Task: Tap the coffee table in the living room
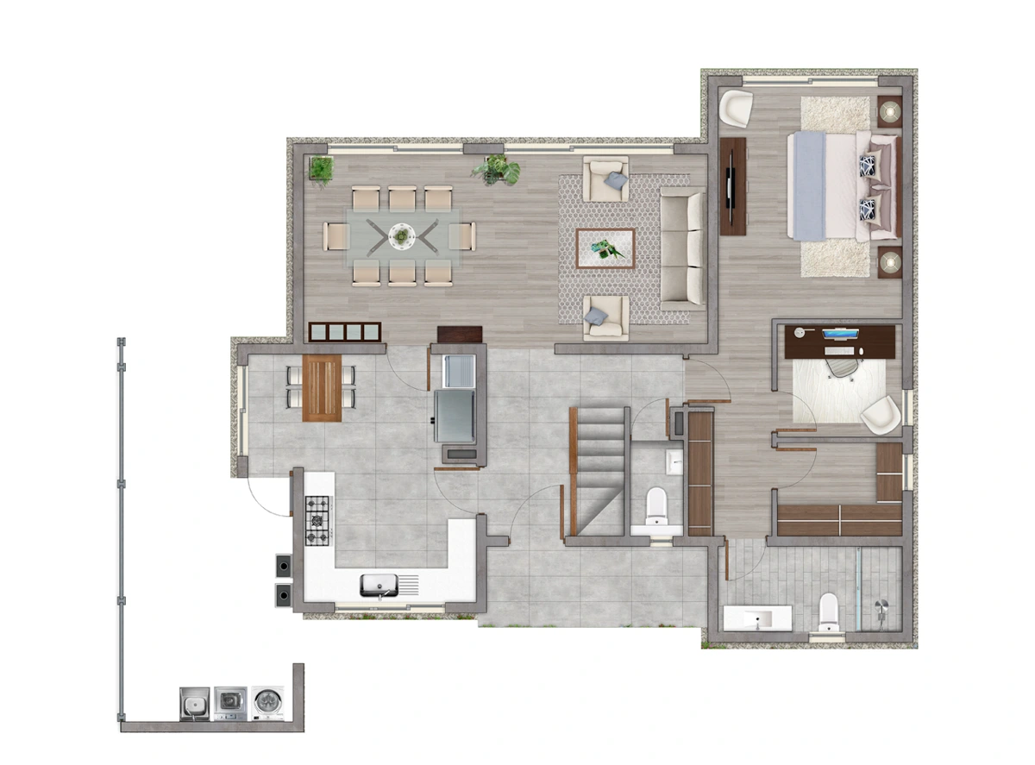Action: click(x=605, y=249)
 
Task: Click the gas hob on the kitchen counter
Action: click(x=318, y=521)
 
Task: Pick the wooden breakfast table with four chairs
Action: click(x=322, y=388)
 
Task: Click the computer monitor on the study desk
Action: click(x=840, y=335)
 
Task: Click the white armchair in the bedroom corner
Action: click(x=736, y=109)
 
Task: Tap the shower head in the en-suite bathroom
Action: click(x=885, y=606)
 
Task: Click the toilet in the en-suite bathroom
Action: click(x=829, y=612)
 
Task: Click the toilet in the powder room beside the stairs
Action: click(x=656, y=506)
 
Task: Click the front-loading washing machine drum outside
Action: click(x=269, y=703)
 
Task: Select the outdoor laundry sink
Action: click(x=195, y=703)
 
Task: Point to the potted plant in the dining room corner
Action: click(x=321, y=170)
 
